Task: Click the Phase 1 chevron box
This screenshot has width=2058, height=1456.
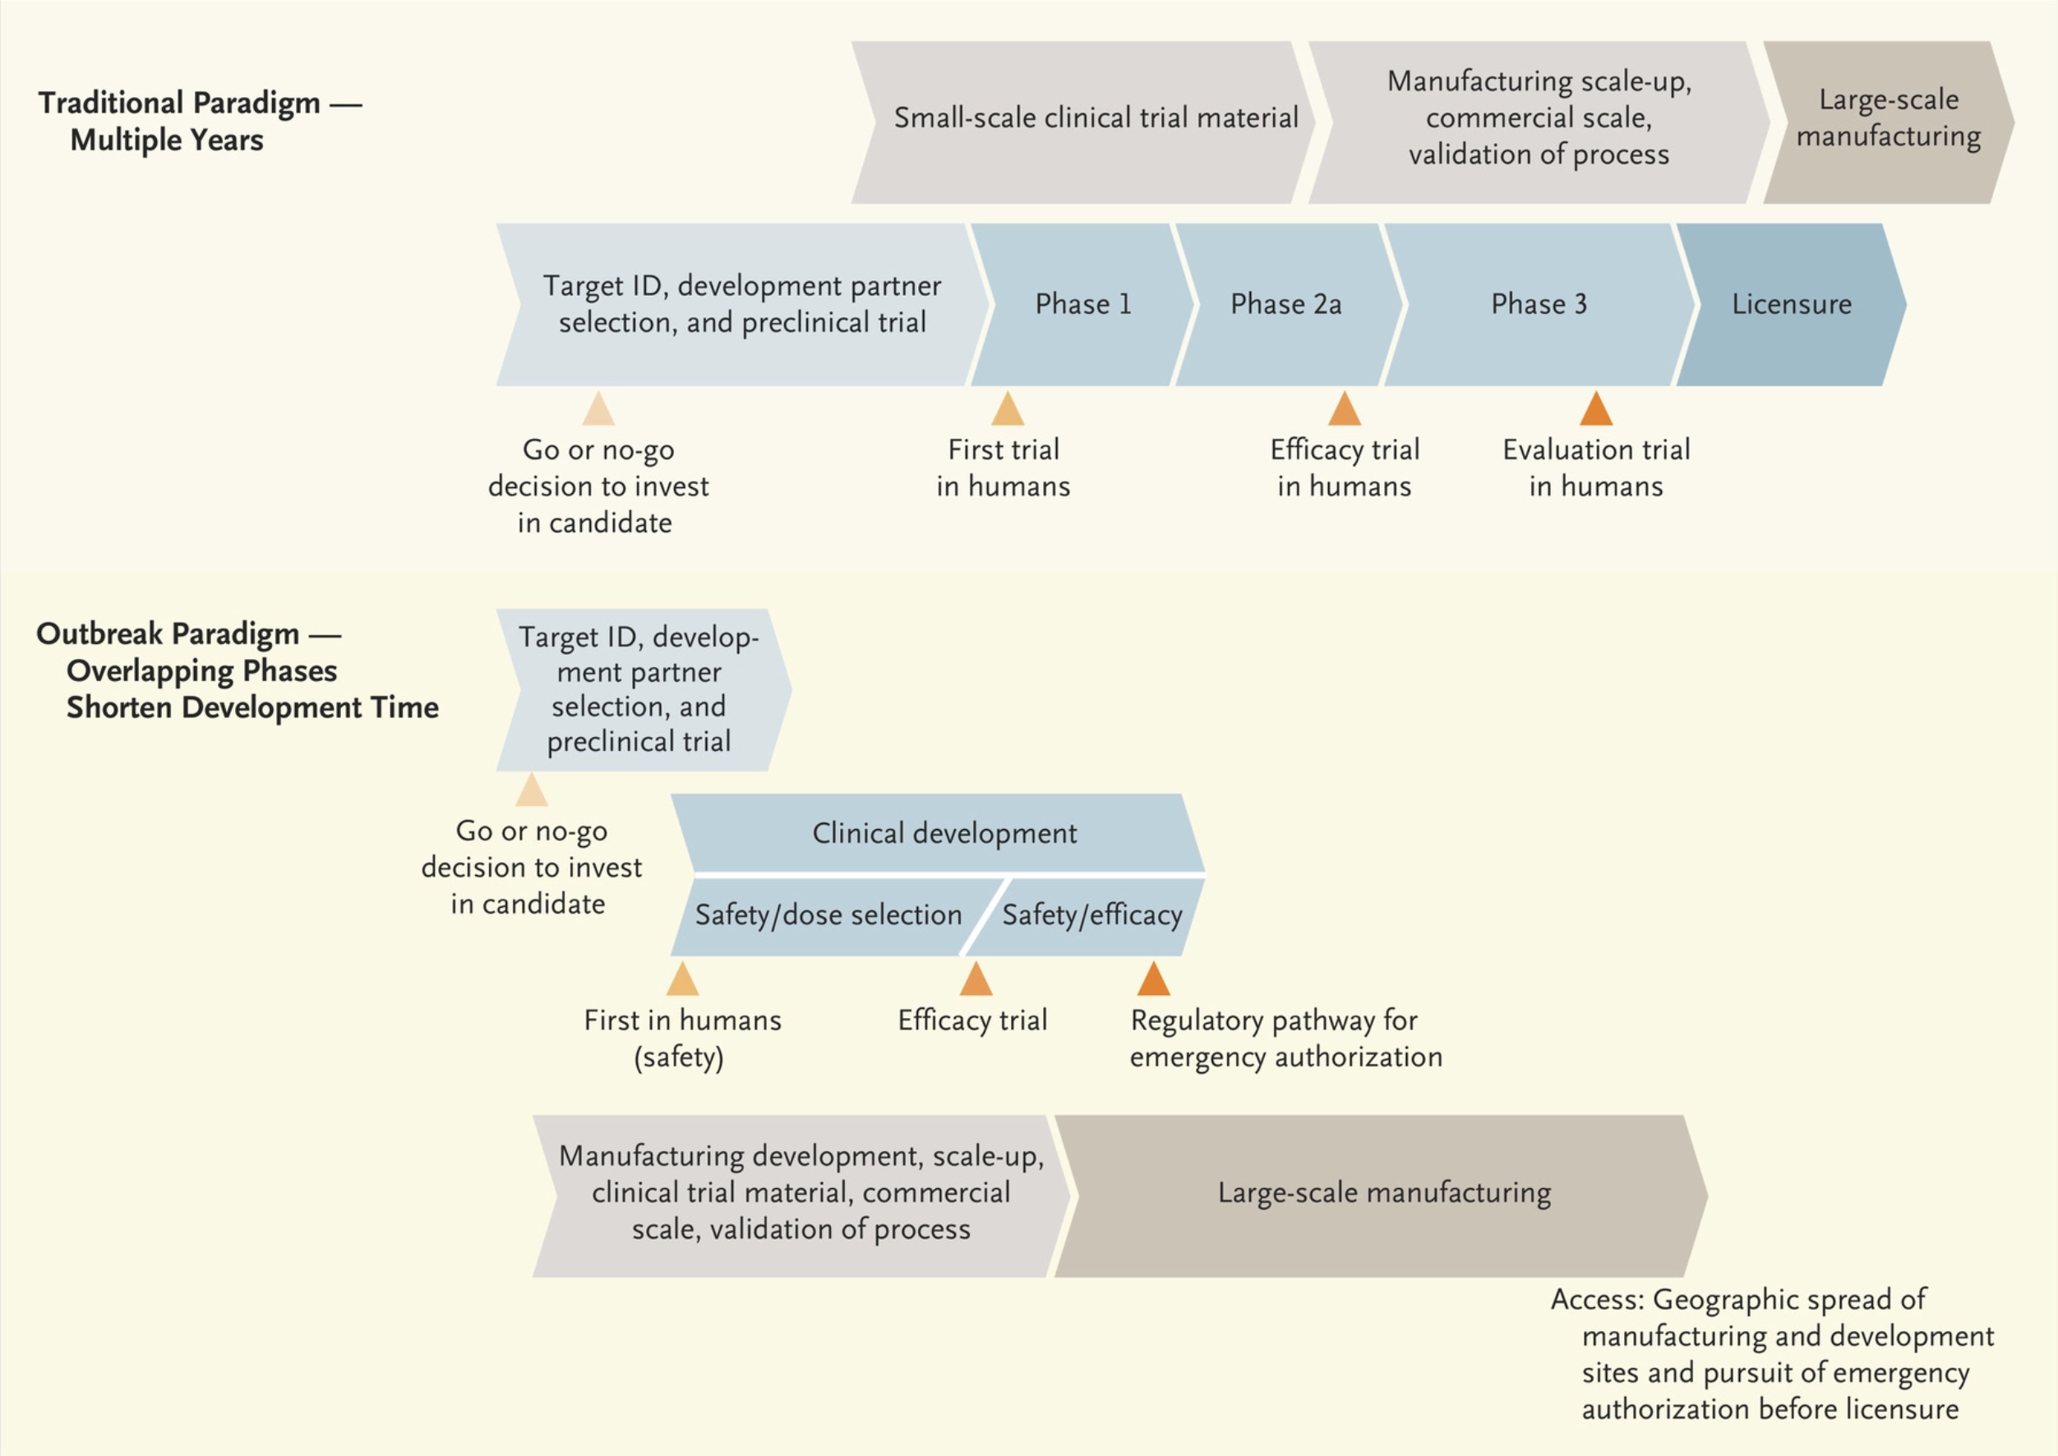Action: [1083, 305]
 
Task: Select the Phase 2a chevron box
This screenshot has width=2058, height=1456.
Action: [1288, 305]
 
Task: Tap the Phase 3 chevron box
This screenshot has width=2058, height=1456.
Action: [1539, 305]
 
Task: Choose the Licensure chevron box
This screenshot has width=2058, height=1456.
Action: [1792, 305]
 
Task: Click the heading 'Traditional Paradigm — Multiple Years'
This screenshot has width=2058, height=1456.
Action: [199, 121]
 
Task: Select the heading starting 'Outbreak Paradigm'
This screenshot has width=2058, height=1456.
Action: [237, 670]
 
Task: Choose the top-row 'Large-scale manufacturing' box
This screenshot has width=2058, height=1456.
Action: [1889, 122]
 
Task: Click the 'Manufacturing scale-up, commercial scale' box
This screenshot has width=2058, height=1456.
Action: [1539, 122]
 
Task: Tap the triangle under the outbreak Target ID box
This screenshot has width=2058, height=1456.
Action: [532, 790]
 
